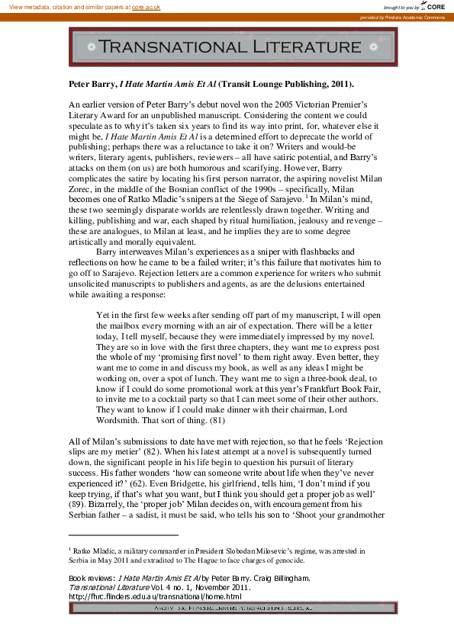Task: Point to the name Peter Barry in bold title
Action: [88, 84]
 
